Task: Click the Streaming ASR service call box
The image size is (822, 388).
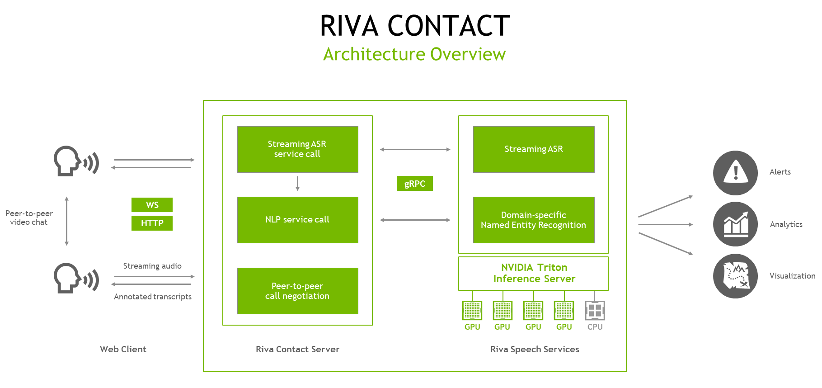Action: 297,149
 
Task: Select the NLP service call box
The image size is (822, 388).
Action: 297,220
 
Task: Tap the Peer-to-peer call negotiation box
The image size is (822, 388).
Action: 297,291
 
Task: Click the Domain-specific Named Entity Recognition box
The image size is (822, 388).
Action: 533,220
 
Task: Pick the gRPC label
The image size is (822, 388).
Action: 414,184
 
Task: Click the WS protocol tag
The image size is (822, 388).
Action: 152,205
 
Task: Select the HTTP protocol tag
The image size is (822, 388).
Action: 152,223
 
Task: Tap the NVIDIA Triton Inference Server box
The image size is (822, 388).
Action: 533,273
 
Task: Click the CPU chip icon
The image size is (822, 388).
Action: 595,311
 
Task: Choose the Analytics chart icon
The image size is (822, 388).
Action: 735,224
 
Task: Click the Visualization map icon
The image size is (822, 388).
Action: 735,276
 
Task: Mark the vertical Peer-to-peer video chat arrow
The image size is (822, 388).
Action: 67,221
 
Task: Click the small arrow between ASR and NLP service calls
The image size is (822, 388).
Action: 297,184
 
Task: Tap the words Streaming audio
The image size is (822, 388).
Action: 152,266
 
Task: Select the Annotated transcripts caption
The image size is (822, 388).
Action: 153,297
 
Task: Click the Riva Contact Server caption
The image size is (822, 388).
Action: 297,349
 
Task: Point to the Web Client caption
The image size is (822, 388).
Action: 123,349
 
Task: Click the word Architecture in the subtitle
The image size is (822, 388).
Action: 374,54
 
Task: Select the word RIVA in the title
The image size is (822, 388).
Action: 349,26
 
